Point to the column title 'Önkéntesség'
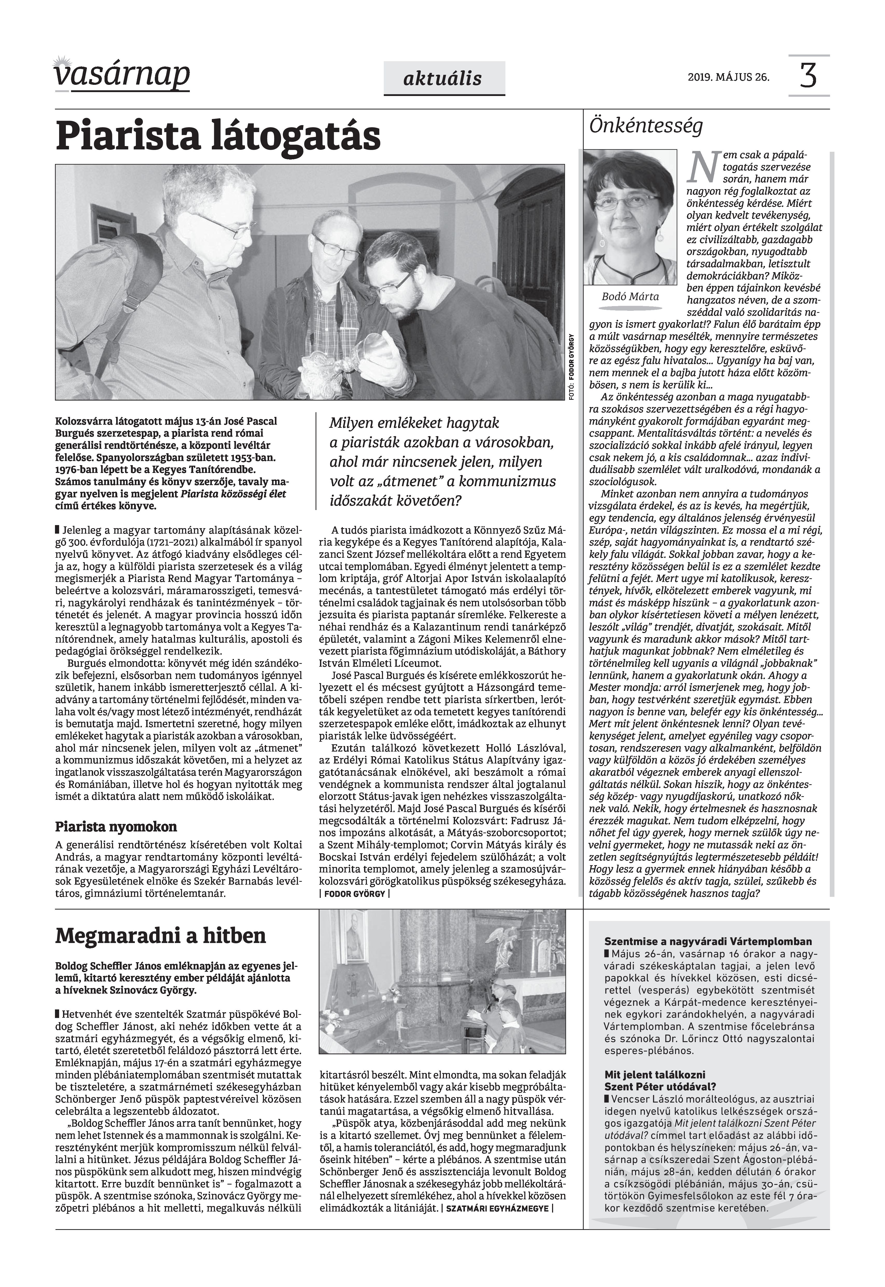(646, 127)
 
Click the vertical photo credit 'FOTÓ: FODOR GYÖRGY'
(571, 366)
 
